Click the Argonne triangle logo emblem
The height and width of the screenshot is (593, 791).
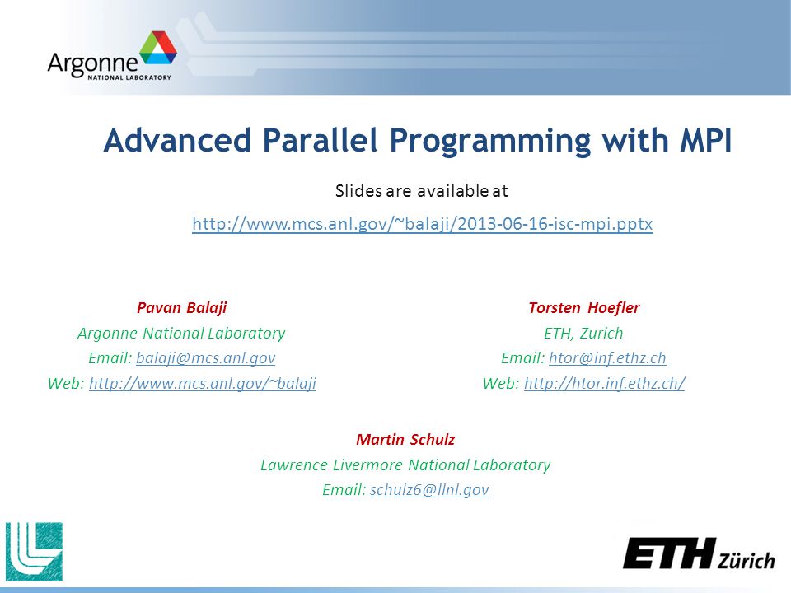click(x=158, y=48)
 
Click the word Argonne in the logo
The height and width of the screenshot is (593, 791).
click(x=93, y=64)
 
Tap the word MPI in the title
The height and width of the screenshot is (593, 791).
click(x=705, y=140)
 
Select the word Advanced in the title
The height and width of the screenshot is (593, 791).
click(x=177, y=140)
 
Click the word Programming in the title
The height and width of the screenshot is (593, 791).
click(x=489, y=141)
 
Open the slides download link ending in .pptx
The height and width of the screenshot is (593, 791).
click(x=422, y=223)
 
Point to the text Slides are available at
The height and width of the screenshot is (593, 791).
click(x=422, y=190)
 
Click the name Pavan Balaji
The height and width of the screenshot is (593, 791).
click(x=181, y=308)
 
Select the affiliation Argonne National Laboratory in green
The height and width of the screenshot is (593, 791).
click(x=181, y=334)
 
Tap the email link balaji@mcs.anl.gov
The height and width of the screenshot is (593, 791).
click(x=206, y=358)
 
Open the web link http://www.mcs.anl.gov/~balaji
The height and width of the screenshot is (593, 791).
click(x=203, y=383)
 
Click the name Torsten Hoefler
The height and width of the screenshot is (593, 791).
click(x=583, y=307)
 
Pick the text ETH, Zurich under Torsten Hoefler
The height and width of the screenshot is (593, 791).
click(x=583, y=334)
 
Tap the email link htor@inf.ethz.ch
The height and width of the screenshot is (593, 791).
click(x=607, y=358)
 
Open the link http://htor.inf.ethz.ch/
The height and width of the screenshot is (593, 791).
click(x=605, y=383)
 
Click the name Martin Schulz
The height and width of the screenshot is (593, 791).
click(x=405, y=440)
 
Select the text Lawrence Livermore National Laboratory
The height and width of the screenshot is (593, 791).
click(x=405, y=465)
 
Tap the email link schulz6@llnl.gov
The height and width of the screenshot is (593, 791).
click(x=429, y=489)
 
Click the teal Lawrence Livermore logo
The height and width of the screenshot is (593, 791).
click(x=35, y=552)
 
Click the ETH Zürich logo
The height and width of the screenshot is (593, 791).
click(x=699, y=554)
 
